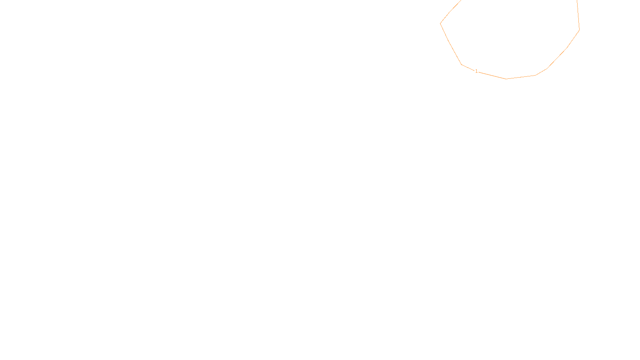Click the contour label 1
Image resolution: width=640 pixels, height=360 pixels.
pyautogui.click(x=476, y=71)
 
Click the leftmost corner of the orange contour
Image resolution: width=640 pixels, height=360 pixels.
pyautogui.click(x=440, y=23)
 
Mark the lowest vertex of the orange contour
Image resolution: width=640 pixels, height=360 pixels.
pyautogui.click(x=506, y=79)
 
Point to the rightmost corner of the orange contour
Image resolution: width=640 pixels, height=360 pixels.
pyautogui.click(x=579, y=30)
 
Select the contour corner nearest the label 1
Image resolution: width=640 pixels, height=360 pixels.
pyautogui.click(x=462, y=64)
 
